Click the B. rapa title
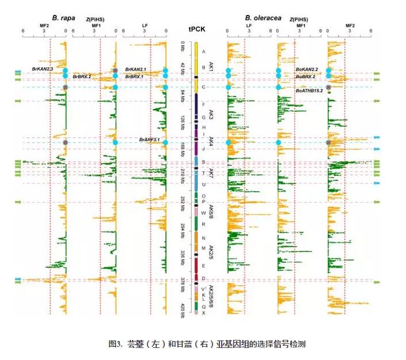click(x=63, y=18)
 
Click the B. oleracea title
click(x=263, y=18)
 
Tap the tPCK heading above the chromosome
click(x=195, y=29)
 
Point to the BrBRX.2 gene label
click(x=82, y=76)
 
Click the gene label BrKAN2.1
click(x=136, y=69)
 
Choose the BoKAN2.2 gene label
click(x=307, y=69)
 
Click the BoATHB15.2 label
click(x=309, y=91)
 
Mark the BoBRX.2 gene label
click(x=306, y=76)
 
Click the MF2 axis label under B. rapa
click(x=44, y=26)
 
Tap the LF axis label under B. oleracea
click(x=249, y=26)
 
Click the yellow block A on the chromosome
click(x=196, y=51)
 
